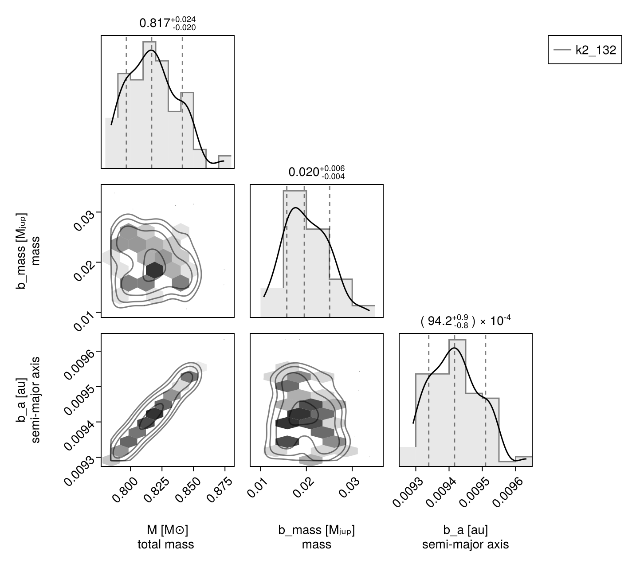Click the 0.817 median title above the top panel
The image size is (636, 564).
pos(167,23)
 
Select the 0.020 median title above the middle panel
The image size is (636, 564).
pos(316,172)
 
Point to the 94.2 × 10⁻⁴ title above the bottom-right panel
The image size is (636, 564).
pos(465,321)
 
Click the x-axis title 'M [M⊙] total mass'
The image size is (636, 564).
pos(166,537)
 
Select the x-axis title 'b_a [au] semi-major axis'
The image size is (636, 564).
pos(465,537)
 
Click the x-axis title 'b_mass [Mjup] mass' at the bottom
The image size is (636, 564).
pos(316,537)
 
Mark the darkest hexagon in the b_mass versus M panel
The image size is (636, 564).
pos(154,270)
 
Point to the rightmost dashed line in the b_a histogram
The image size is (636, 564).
pos(486,399)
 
